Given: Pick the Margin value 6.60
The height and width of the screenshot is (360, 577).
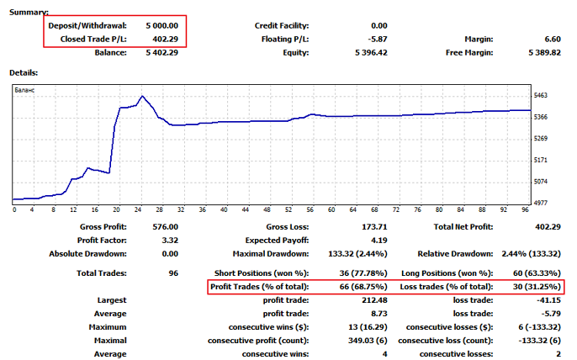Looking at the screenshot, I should click(552, 39).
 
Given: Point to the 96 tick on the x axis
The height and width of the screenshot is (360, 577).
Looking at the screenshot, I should click(525, 210).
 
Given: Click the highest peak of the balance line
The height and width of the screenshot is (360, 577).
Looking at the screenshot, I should click(142, 96).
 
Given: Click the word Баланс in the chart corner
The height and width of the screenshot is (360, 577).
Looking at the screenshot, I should click(28, 88).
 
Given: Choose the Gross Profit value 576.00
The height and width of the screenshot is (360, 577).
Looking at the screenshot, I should click(165, 225).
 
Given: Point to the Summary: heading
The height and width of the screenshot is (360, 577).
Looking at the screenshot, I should click(29, 12).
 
